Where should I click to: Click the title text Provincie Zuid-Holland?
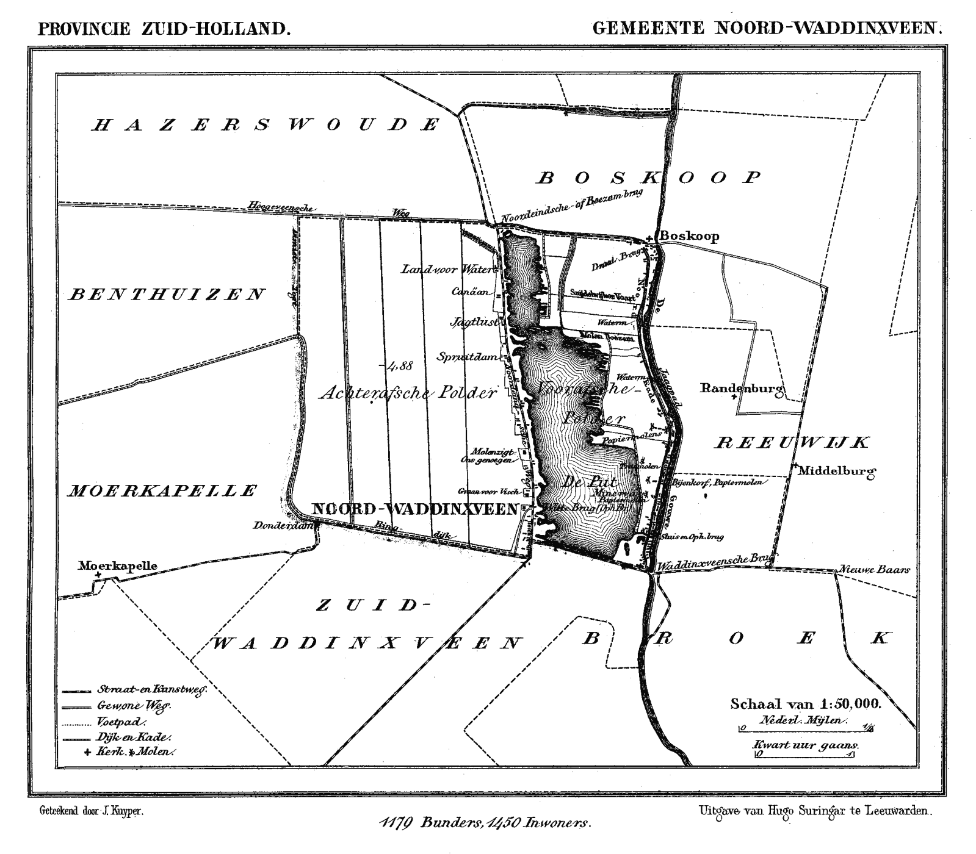[164, 29]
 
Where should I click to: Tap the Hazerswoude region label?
[266, 125]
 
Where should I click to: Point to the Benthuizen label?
[166, 295]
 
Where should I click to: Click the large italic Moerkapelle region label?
[161, 490]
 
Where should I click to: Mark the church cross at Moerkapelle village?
[98, 575]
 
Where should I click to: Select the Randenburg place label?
[741, 388]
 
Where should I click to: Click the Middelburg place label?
[836, 471]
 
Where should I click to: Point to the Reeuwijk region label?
[791, 443]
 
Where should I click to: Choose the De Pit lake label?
[584, 481]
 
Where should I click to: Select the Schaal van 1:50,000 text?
[805, 703]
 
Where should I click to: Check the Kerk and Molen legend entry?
[130, 752]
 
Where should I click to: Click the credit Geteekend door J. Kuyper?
[92, 812]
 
